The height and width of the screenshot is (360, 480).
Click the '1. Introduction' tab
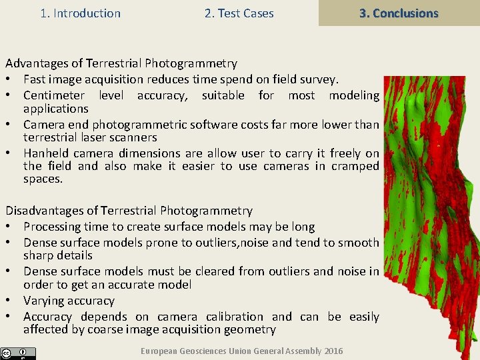80,13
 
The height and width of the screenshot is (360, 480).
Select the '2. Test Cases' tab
239,13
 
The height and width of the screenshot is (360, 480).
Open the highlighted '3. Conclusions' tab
399,13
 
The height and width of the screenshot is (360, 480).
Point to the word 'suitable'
223,95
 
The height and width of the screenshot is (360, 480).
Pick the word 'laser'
89,137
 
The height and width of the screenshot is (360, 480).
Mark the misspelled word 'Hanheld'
46,153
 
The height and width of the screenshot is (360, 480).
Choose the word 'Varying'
45,301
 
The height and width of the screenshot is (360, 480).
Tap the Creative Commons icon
7,353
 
